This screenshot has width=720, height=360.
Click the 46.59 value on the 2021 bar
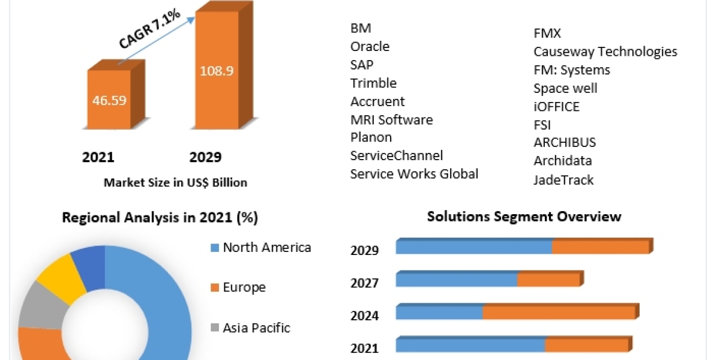[x=109, y=100]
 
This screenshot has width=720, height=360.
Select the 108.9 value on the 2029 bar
[x=216, y=70]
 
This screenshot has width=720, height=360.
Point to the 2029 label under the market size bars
[x=205, y=157]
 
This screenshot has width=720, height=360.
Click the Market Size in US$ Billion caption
[x=175, y=182]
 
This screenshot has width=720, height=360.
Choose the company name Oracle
[x=370, y=46]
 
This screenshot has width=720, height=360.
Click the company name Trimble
[x=373, y=83]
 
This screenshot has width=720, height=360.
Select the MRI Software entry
[x=391, y=119]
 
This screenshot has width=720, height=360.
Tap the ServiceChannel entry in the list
[x=396, y=155]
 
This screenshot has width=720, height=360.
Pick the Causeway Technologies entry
[x=605, y=52]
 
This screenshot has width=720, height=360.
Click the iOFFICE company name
[x=556, y=107]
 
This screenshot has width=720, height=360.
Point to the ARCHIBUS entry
[x=565, y=143]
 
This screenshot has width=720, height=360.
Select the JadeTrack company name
[x=563, y=179]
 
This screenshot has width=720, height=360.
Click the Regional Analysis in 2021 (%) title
[x=160, y=218]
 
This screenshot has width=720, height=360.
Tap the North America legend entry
[x=266, y=247]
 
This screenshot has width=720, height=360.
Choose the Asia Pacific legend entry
[x=256, y=328]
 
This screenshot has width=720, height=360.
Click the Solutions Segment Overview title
[x=524, y=216]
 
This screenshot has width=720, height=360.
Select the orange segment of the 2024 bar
[x=559, y=312]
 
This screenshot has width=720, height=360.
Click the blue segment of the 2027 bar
[x=456, y=280]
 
